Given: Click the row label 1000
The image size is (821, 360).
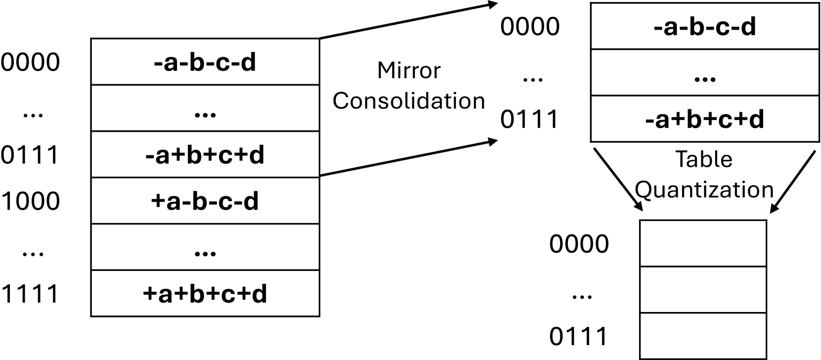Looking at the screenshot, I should click(30, 201).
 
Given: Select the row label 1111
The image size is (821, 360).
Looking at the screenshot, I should click(30, 294).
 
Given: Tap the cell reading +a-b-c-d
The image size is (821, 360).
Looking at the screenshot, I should click(205, 201).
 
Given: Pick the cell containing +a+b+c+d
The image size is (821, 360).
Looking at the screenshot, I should click(205, 294).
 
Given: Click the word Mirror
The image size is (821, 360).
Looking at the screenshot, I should click(408, 70).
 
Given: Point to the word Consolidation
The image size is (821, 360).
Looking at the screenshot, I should click(408, 101).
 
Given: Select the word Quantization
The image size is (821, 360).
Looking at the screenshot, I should click(704, 189).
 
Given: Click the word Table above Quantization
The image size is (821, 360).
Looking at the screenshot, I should click(704, 159).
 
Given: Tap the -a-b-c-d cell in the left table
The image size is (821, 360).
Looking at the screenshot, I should click(205, 62).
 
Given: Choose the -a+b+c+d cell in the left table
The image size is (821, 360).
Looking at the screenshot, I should click(205, 155).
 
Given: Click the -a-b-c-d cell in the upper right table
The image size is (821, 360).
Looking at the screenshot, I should click(704, 26).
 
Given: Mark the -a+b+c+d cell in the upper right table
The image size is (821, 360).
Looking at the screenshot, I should click(704, 119).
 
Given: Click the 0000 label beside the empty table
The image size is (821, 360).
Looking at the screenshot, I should click(579, 244).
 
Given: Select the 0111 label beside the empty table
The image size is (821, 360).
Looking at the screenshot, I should click(579, 337).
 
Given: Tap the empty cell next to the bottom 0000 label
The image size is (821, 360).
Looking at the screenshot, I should click(703, 243).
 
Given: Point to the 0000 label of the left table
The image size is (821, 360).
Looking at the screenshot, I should click(30, 62).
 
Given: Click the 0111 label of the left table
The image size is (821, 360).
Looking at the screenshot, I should click(30, 155).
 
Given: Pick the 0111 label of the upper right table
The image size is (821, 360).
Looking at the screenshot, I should click(529, 119).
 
